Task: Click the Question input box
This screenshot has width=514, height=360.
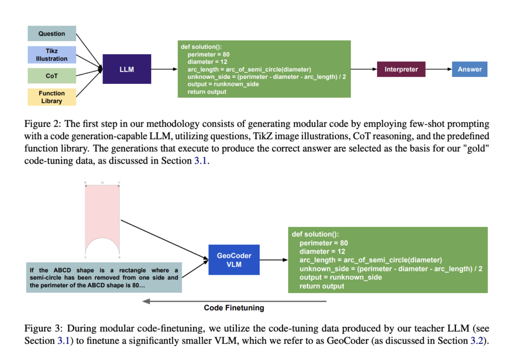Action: (52, 34)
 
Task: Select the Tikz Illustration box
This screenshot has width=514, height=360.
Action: (52, 55)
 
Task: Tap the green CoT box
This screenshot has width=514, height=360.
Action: (52, 76)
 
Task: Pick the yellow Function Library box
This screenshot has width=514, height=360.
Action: (52, 97)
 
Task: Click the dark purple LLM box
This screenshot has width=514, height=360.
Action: (127, 69)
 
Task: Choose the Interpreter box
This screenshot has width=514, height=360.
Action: (401, 69)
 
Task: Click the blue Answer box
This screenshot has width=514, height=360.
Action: (469, 69)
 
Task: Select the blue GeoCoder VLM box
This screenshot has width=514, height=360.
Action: (234, 260)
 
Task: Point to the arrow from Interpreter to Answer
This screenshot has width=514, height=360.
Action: (438, 69)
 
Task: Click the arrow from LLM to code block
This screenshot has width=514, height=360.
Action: (164, 69)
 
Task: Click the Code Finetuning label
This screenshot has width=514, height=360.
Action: (234, 308)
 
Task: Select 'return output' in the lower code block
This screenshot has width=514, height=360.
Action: (322, 286)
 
